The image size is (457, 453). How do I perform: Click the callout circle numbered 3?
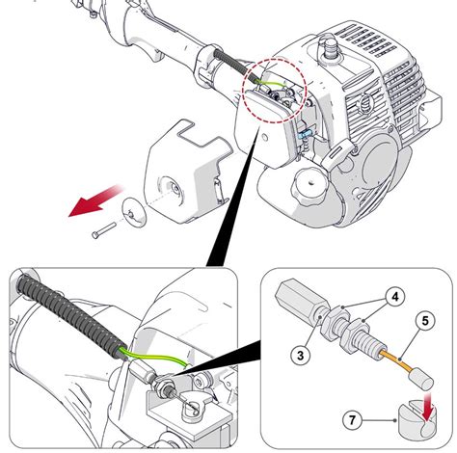[300, 356]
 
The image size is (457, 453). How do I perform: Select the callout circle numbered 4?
[395, 297]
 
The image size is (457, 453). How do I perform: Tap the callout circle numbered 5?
[425, 321]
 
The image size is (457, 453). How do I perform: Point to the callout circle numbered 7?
[352, 420]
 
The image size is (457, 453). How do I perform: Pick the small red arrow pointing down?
[427, 408]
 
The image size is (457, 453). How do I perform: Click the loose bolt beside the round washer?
[103, 230]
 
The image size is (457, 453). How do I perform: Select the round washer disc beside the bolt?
[134, 213]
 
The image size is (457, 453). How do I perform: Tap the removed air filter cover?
[187, 171]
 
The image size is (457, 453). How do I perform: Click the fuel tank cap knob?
[309, 184]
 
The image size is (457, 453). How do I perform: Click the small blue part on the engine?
[306, 134]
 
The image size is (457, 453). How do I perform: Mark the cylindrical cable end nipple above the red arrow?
[421, 379]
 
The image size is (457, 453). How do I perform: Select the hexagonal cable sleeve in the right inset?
[302, 299]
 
